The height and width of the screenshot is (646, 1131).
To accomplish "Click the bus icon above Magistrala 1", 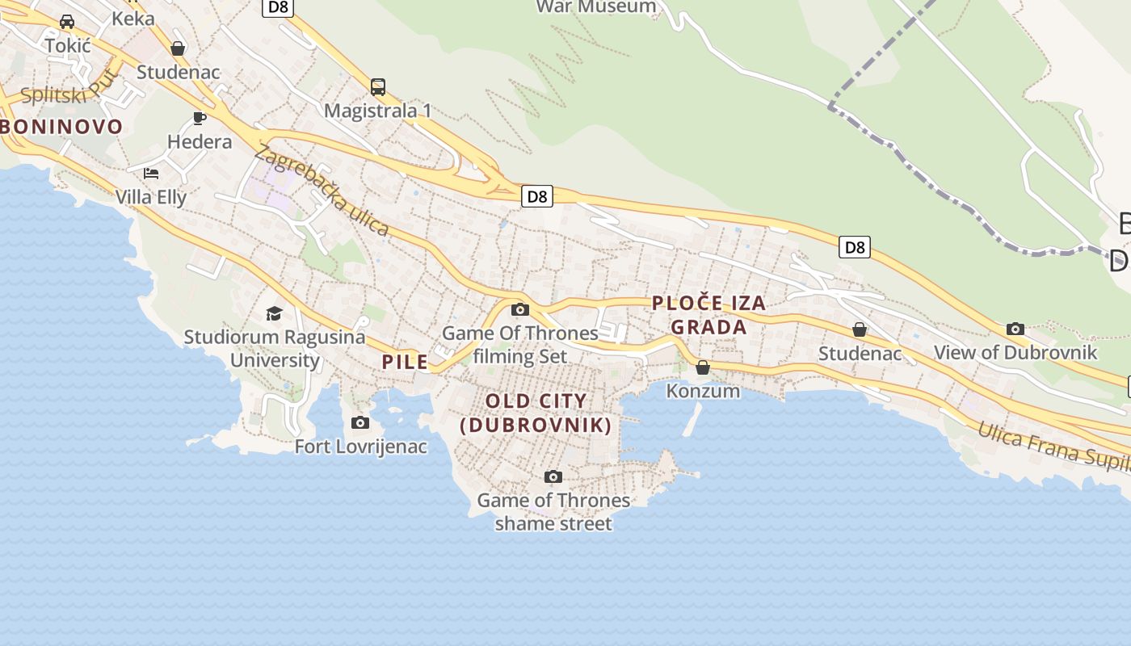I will (x=377, y=86).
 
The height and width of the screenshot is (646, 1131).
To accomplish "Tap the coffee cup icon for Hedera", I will (x=200, y=119).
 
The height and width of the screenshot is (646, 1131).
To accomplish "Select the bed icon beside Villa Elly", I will (x=151, y=173).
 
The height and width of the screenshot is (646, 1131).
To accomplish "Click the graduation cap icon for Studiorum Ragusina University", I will (x=275, y=313).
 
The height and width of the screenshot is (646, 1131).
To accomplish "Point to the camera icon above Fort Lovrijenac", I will (x=360, y=422).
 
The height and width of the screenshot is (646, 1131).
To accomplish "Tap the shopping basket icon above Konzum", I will (x=703, y=367).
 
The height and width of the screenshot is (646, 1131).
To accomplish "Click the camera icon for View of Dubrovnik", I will (x=1015, y=329).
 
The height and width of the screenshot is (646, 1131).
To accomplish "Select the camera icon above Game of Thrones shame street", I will (x=553, y=476).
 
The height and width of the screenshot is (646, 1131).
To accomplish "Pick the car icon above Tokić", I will (x=67, y=22).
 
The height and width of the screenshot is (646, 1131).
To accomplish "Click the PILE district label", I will (x=405, y=362).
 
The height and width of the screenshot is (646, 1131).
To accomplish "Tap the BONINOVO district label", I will (x=61, y=127).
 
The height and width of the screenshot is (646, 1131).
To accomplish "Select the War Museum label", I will (x=596, y=6).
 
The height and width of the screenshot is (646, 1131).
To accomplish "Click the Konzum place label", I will (x=703, y=391).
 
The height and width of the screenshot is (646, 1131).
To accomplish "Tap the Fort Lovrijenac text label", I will (x=360, y=446).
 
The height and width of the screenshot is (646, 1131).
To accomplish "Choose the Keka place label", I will (x=133, y=18).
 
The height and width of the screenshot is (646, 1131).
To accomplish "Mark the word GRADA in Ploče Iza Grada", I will (x=708, y=327).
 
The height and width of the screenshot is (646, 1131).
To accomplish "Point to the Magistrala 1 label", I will (x=377, y=111).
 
